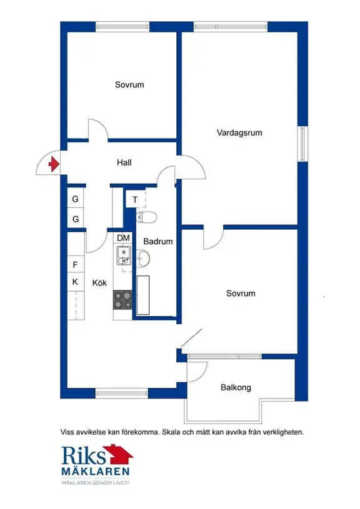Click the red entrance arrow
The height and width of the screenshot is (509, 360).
(x=54, y=164)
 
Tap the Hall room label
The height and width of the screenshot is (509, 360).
(x=124, y=162)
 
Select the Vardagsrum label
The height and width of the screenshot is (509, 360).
(x=239, y=133)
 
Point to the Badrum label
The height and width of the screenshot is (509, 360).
(x=158, y=242)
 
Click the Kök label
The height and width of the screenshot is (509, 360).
(x=99, y=283)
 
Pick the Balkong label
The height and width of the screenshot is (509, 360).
(x=236, y=388)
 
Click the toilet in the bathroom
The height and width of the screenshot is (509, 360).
(x=146, y=217)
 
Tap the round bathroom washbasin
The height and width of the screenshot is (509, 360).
(x=143, y=259)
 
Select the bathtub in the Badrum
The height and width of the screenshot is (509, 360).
(x=143, y=295)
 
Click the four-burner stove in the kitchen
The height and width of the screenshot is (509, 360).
(x=122, y=300)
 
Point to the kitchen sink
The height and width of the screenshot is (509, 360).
(x=124, y=255)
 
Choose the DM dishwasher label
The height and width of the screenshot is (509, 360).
(x=123, y=238)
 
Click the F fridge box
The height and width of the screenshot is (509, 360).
(x=76, y=265)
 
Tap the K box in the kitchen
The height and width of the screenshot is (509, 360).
(x=76, y=282)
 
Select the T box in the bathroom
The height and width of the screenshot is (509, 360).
(x=135, y=200)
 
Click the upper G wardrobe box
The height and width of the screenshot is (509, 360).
(x=76, y=199)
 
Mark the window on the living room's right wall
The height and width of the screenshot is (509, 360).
(x=302, y=143)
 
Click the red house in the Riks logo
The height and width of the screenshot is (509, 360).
(x=119, y=455)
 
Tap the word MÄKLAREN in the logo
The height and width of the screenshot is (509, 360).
(x=96, y=472)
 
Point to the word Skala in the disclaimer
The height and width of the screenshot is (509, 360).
(x=172, y=432)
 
